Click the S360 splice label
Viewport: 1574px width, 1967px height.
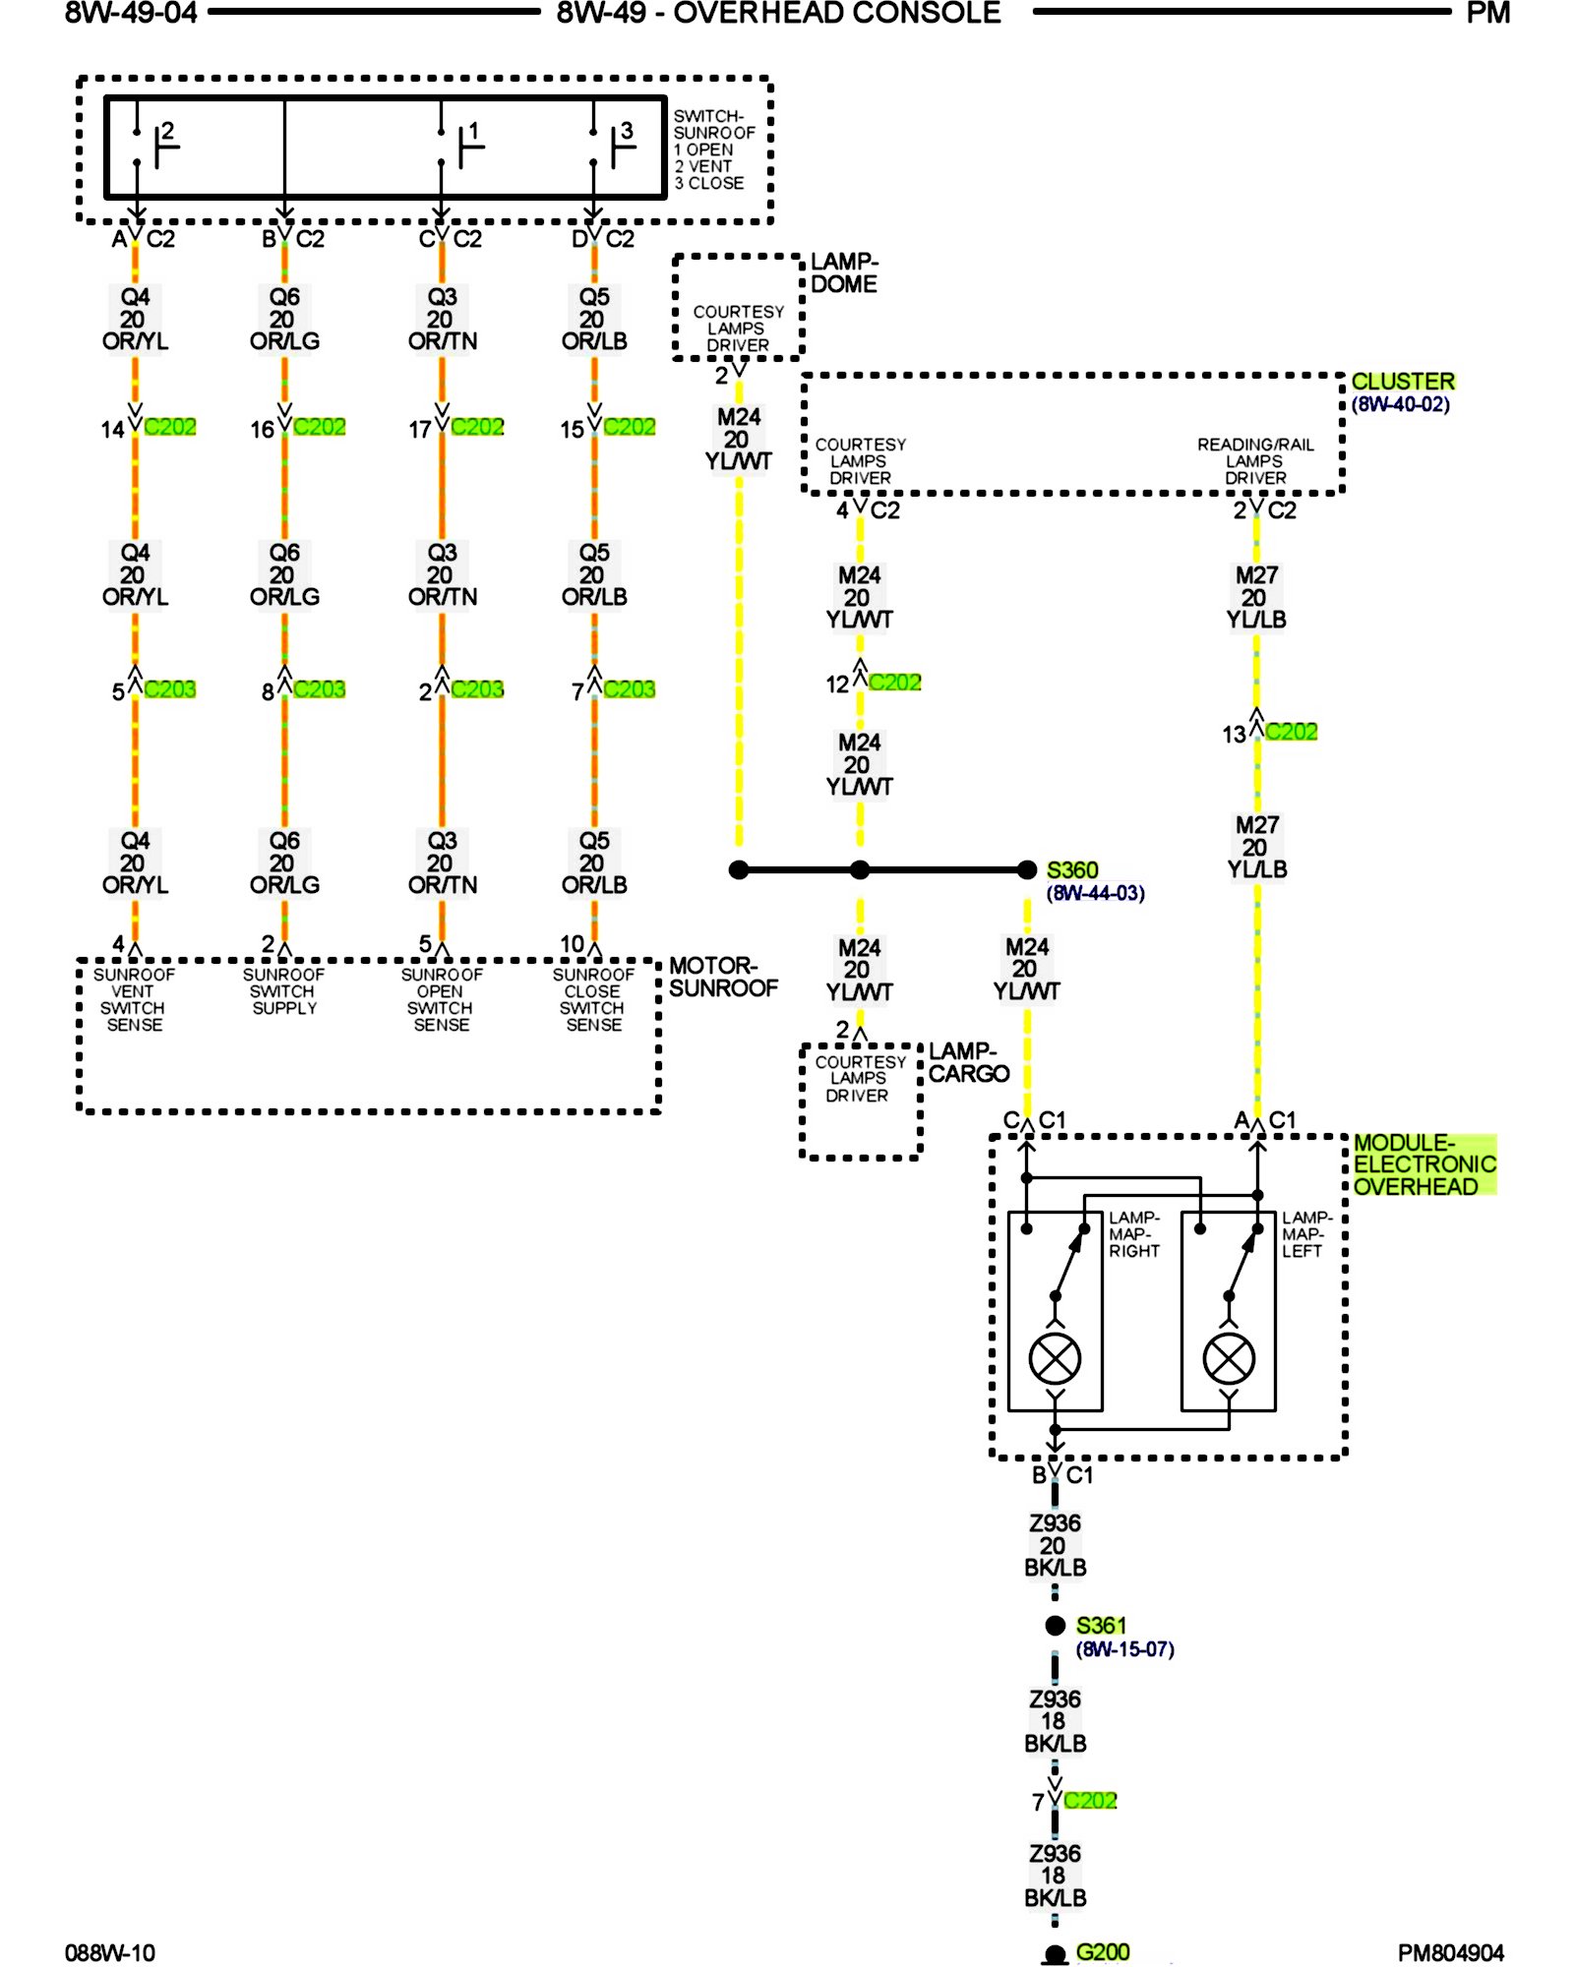click(x=1071, y=870)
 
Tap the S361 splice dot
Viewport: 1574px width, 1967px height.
click(x=1056, y=1626)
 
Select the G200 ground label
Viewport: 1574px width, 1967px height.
click(x=1102, y=1951)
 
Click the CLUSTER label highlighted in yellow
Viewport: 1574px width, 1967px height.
click(x=1402, y=381)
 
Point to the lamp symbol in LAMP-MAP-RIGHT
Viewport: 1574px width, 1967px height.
click(x=1055, y=1358)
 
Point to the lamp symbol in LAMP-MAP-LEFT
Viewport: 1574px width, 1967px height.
click(x=1229, y=1358)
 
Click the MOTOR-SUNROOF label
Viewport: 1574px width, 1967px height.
click(x=723, y=977)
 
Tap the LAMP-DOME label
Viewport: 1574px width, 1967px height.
click(x=844, y=272)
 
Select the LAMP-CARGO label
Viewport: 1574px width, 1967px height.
click(x=968, y=1062)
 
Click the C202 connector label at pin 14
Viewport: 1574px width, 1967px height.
click(x=170, y=427)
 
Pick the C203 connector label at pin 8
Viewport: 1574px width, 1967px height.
click(x=320, y=689)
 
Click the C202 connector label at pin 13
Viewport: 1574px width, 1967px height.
click(x=1291, y=732)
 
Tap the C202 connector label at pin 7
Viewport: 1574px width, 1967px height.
click(x=1090, y=1801)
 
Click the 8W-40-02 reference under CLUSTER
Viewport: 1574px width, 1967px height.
click(x=1400, y=404)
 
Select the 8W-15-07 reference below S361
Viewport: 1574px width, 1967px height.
click(x=1124, y=1649)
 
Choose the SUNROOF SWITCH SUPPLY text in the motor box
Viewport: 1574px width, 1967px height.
click(x=284, y=991)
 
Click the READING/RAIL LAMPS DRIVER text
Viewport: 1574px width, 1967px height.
click(x=1255, y=461)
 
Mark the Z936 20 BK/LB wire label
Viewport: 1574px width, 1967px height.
click(x=1055, y=1545)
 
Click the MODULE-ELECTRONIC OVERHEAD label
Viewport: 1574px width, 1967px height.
click(x=1423, y=1164)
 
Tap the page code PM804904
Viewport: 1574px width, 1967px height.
click(x=1450, y=1952)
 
